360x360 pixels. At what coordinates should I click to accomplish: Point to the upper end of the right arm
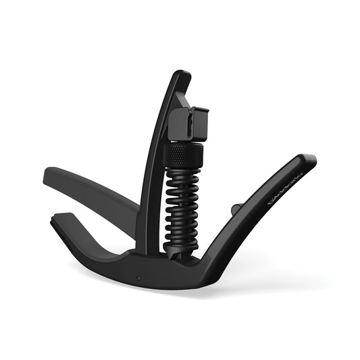click(308, 160)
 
